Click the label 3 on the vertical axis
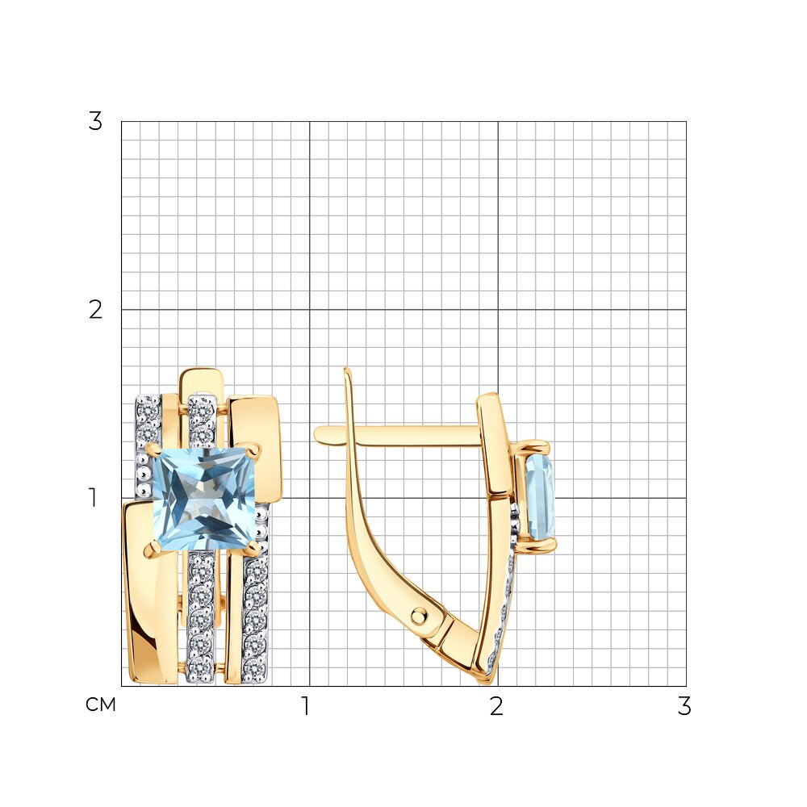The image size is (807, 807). click(95, 122)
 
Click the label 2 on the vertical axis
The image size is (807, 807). click(95, 310)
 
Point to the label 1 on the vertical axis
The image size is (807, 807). click(93, 497)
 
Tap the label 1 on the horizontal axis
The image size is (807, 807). click(306, 706)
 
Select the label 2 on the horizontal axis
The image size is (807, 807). click(496, 706)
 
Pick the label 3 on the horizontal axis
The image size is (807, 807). click(684, 706)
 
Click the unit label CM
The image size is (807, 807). click(101, 705)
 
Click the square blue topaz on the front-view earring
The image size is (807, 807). click(204, 499)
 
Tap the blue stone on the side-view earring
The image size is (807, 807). click(541, 497)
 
